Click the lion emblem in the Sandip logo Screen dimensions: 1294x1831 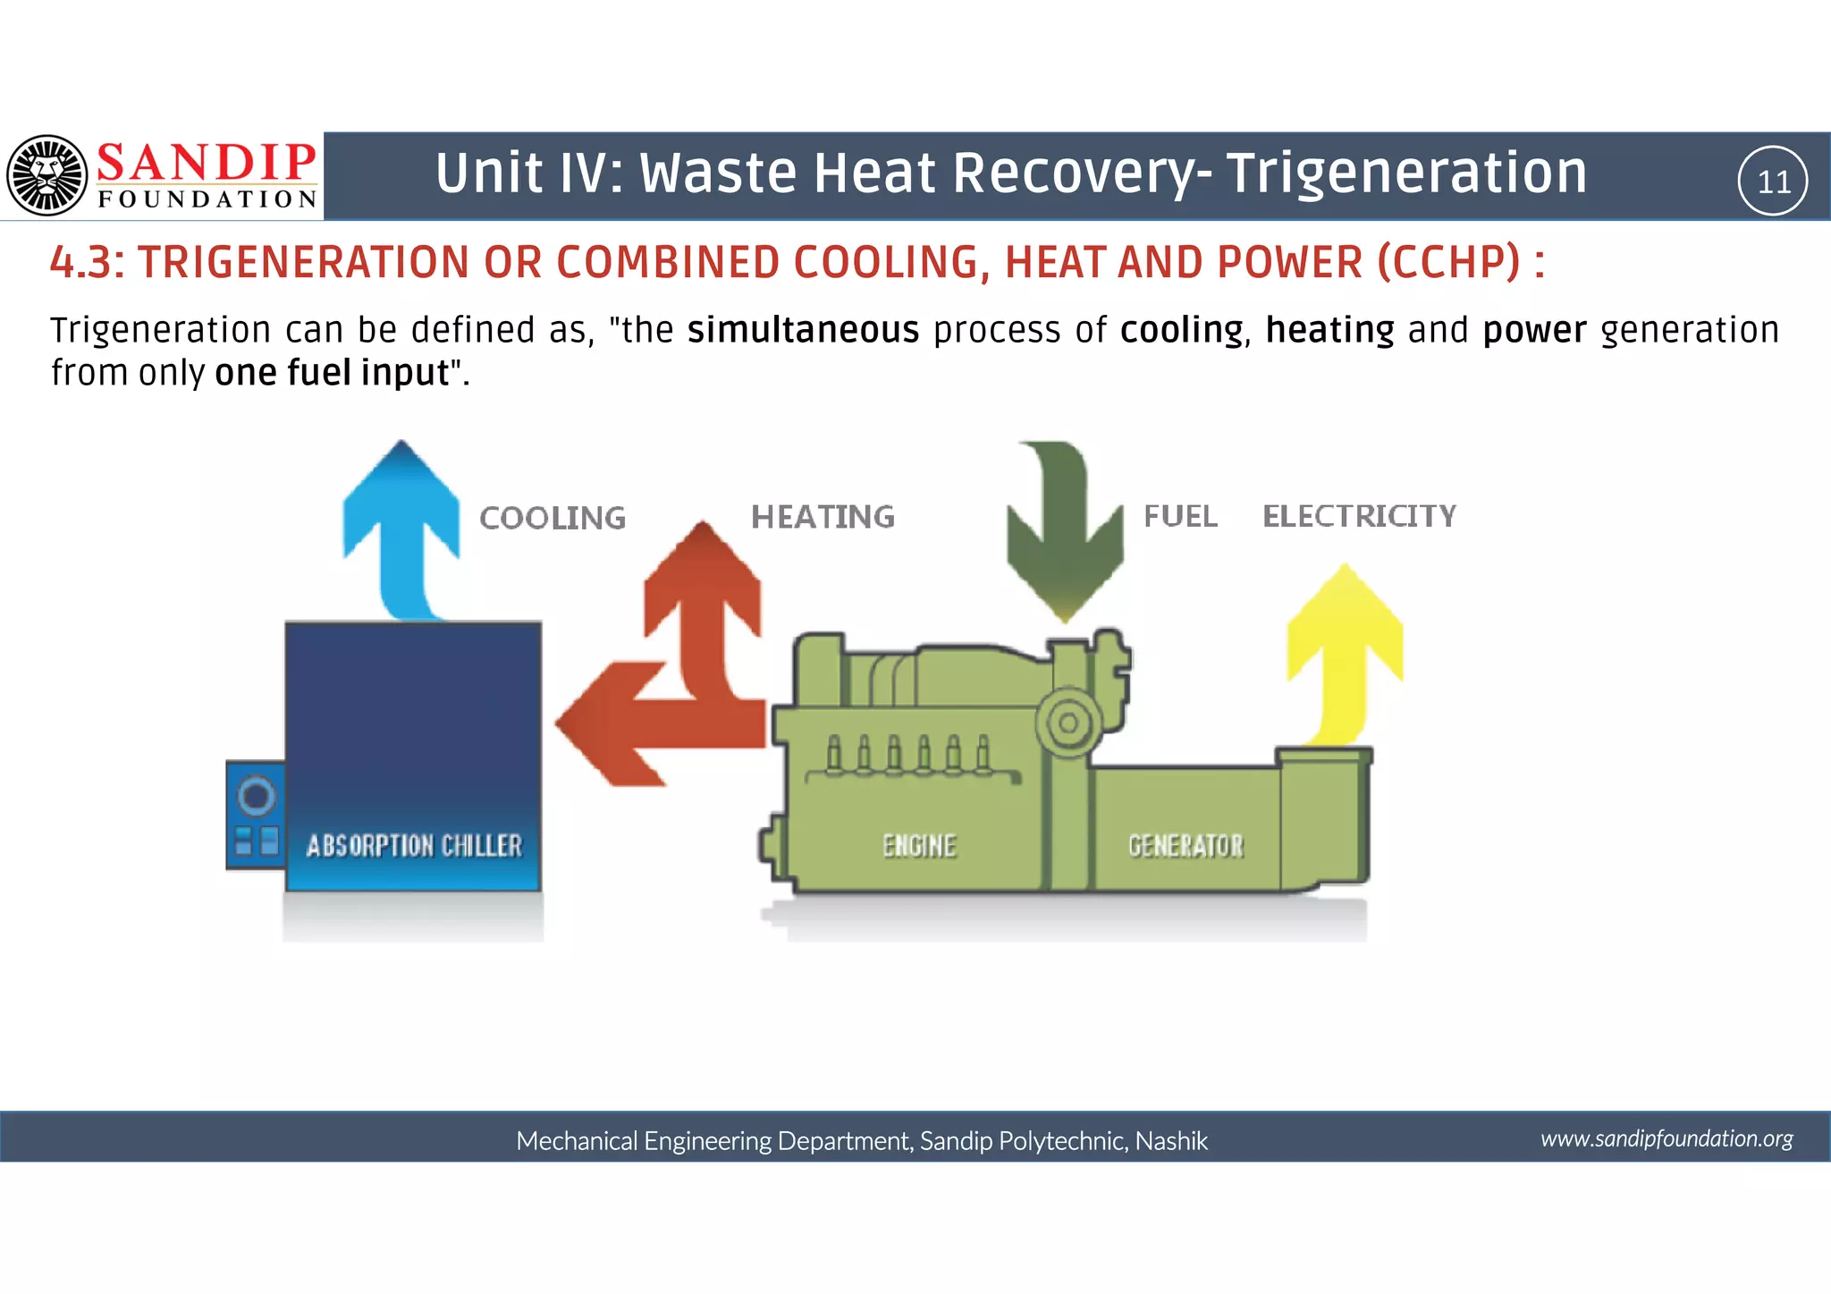click(x=47, y=175)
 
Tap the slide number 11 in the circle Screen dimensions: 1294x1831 click(x=1773, y=182)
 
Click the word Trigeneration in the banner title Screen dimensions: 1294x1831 click(x=1405, y=173)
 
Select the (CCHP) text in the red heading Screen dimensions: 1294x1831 click(x=1447, y=262)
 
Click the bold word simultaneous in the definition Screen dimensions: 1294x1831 click(x=803, y=330)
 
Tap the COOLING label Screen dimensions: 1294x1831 click(x=553, y=518)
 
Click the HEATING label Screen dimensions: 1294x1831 click(x=823, y=517)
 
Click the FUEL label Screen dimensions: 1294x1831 click(x=1180, y=516)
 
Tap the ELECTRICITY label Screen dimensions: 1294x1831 click(x=1359, y=516)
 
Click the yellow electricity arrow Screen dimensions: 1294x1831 click(x=1344, y=644)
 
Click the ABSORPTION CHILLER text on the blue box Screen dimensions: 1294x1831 click(x=414, y=845)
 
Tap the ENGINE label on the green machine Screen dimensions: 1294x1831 click(x=919, y=845)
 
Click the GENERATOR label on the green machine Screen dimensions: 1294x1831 click(x=1186, y=845)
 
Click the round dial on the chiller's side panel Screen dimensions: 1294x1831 click(x=256, y=795)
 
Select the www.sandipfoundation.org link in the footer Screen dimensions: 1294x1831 click(x=1666, y=1138)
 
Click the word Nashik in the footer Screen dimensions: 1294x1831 click(x=1171, y=1141)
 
